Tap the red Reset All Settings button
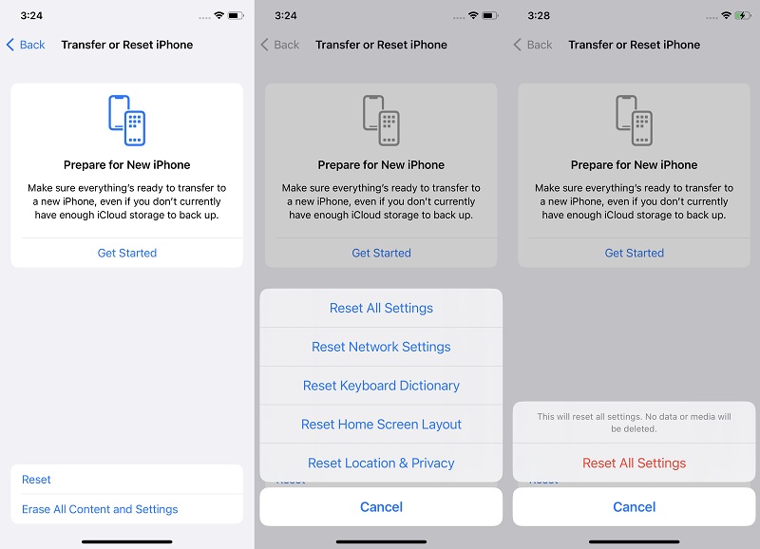point(634,463)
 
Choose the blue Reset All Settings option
point(381,308)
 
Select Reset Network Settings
point(381,347)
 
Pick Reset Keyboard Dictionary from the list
point(381,386)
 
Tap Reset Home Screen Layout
point(381,425)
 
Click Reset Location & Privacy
point(381,463)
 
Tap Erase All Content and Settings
point(100,509)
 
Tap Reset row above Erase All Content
point(37,480)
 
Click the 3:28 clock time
point(540,16)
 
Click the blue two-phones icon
point(126,120)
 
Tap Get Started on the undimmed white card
point(126,253)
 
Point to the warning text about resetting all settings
point(634,423)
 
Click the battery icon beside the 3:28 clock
point(742,16)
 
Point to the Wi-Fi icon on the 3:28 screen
point(727,16)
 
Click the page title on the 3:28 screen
point(634,45)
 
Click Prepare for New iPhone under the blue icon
point(126,164)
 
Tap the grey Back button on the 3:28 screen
point(533,45)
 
